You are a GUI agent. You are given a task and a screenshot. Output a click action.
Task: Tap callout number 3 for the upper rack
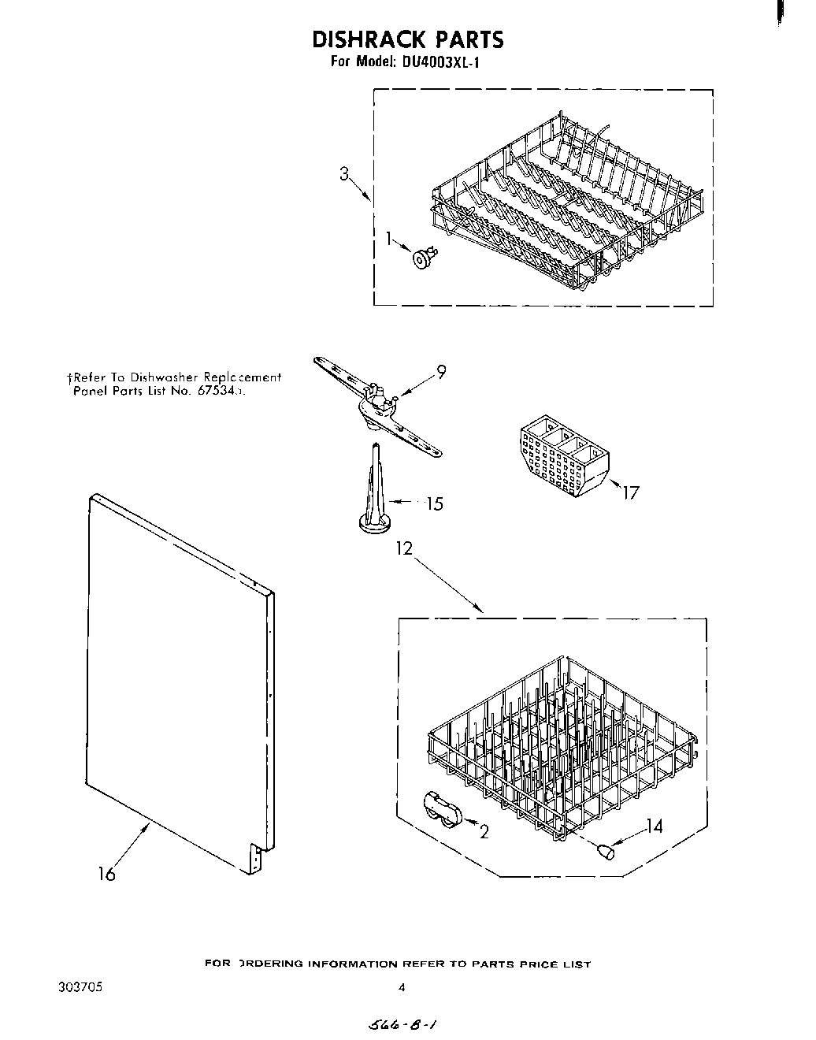pyautogui.click(x=343, y=175)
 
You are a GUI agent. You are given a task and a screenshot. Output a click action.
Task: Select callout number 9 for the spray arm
pyautogui.click(x=442, y=372)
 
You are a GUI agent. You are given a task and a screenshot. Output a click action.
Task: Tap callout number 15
pyautogui.click(x=434, y=503)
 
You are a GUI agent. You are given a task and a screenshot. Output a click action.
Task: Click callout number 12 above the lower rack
pyautogui.click(x=404, y=548)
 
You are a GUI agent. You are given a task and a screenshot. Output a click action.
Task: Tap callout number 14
pyautogui.click(x=654, y=826)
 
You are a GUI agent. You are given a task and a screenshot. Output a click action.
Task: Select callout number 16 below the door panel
pyautogui.click(x=106, y=874)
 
